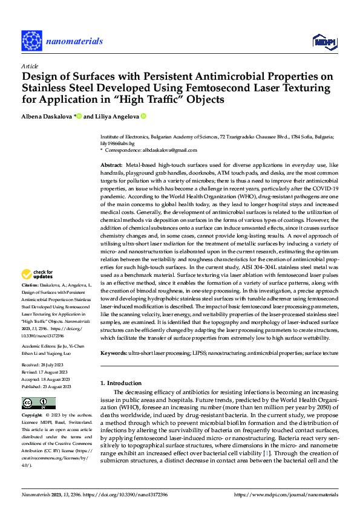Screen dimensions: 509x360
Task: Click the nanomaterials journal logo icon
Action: coord(31,41)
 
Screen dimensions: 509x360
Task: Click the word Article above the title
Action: coord(30,66)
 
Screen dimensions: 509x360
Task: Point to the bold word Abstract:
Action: coord(111,165)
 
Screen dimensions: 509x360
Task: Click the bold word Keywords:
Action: coord(114,352)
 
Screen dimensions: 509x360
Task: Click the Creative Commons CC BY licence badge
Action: coord(38,403)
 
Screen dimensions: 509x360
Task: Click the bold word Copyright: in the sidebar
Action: coord(32,417)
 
